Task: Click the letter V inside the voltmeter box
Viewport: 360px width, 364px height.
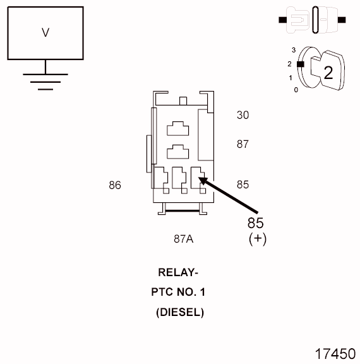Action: click(x=45, y=32)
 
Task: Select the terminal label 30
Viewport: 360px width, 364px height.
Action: click(x=243, y=115)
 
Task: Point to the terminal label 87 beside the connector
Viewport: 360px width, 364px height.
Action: click(x=243, y=144)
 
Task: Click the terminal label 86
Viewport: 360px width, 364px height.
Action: click(x=114, y=185)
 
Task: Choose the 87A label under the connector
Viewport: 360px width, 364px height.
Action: click(x=183, y=239)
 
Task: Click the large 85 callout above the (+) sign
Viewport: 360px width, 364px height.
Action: click(x=255, y=223)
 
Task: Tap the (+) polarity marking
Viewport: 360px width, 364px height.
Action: click(x=258, y=240)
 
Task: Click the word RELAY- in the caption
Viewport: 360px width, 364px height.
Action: click(x=178, y=273)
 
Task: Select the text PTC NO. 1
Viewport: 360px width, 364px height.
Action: click(x=178, y=293)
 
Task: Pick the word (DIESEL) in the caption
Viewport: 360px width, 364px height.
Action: click(x=180, y=312)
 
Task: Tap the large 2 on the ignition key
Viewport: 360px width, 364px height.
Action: click(x=328, y=72)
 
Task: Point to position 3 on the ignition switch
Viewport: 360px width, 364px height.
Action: click(x=294, y=49)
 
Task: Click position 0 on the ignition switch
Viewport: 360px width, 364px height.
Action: click(x=296, y=90)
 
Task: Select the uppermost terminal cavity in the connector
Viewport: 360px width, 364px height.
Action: click(x=177, y=128)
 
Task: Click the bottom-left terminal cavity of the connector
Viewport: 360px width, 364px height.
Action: click(x=161, y=176)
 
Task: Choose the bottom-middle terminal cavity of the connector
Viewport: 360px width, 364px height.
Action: click(x=180, y=176)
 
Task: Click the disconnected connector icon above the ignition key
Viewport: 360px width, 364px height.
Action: click(x=312, y=19)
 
